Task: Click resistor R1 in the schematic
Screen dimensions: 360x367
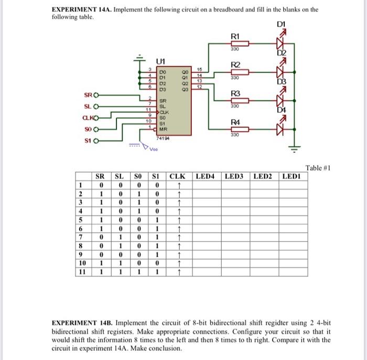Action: click(235, 44)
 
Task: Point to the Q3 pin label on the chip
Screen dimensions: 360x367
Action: click(185, 90)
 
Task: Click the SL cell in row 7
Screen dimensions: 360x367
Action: click(119, 237)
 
